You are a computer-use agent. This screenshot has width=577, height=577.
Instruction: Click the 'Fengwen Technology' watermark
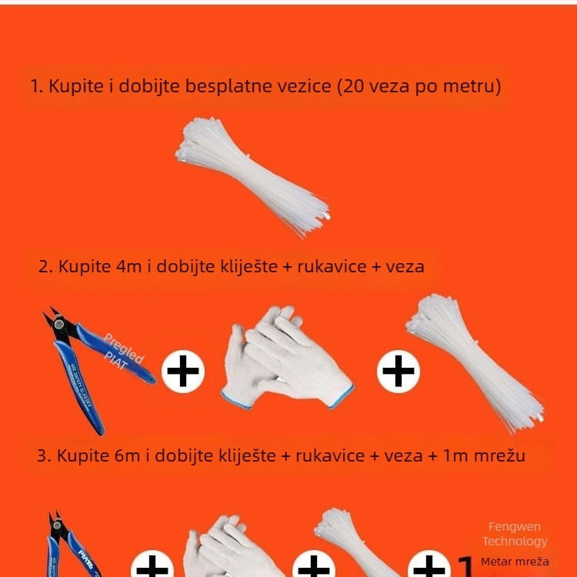pyautogui.click(x=515, y=534)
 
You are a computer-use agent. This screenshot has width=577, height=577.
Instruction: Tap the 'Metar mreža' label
pyautogui.click(x=515, y=561)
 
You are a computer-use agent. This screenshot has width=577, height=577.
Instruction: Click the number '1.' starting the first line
pyautogui.click(x=37, y=85)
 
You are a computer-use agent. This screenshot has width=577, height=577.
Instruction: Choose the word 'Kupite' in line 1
pyautogui.click(x=75, y=85)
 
